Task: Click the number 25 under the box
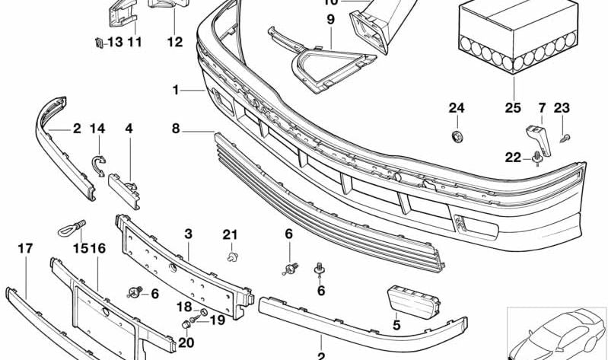[514, 108]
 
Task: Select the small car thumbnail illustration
[557, 333]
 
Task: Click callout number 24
[456, 108]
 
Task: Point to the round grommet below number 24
[457, 137]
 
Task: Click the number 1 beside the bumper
[175, 90]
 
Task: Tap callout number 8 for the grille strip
[176, 129]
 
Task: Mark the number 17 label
[26, 248]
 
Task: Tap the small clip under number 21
[230, 256]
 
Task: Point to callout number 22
[514, 158]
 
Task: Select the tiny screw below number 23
[564, 138]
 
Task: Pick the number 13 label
[113, 43]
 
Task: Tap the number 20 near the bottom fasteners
[186, 342]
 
